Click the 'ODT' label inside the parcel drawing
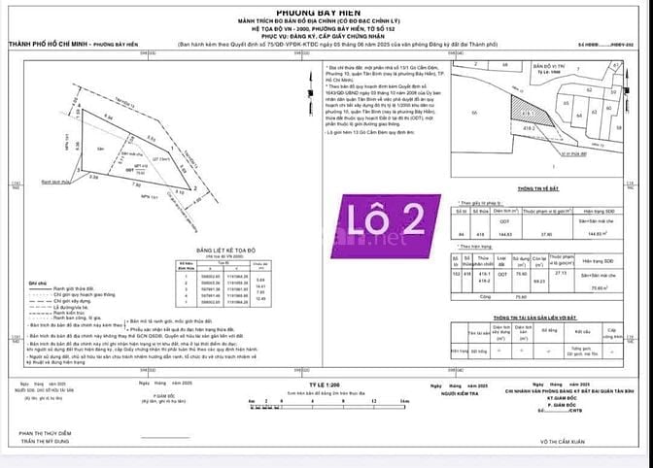129,168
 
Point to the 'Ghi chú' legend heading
36,284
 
